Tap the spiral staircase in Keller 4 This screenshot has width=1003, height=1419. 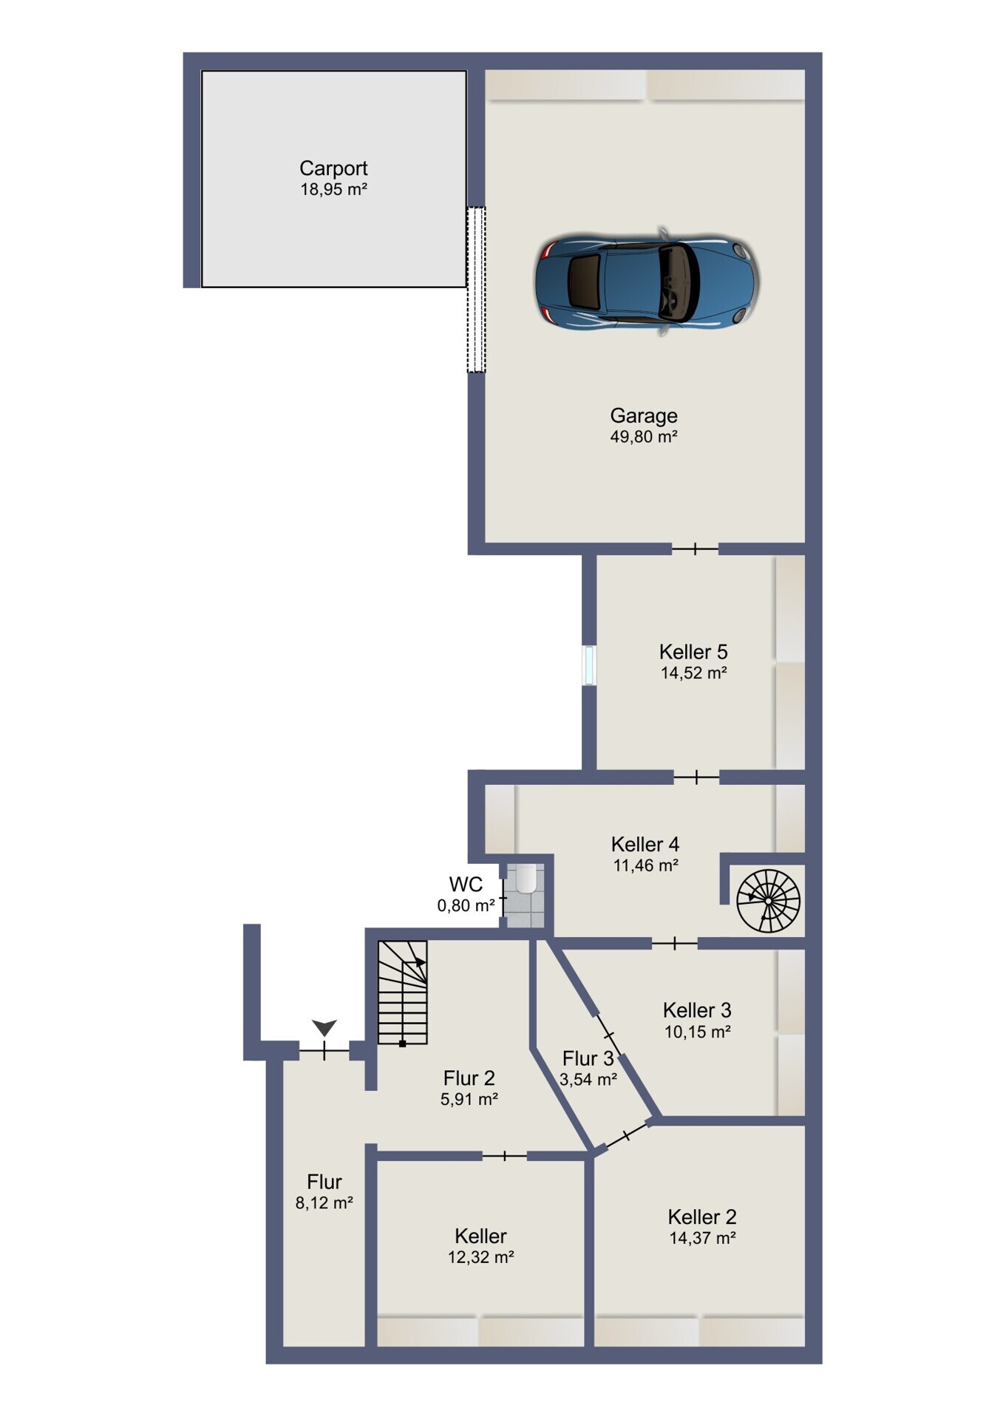click(769, 901)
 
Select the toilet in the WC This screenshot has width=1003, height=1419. click(526, 879)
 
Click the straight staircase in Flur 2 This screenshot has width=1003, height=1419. click(403, 993)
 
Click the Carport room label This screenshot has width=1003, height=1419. click(333, 169)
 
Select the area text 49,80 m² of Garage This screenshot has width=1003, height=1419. click(644, 437)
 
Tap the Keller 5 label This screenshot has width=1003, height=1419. click(693, 652)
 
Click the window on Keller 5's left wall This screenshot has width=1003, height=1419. click(589, 665)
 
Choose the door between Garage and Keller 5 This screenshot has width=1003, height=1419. click(695, 548)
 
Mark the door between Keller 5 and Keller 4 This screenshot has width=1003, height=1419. click(696, 777)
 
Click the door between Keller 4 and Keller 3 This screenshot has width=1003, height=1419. click(675, 943)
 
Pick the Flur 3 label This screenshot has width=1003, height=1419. click(588, 1058)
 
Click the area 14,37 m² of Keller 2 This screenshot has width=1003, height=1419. click(702, 1238)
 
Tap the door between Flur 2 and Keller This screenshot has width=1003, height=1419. click(505, 1155)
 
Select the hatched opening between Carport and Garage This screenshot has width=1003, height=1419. click(476, 289)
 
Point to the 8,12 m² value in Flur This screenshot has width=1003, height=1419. click(324, 1202)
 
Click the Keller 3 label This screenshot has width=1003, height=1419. click(697, 1010)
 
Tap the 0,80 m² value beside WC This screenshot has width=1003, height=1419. click(466, 905)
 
